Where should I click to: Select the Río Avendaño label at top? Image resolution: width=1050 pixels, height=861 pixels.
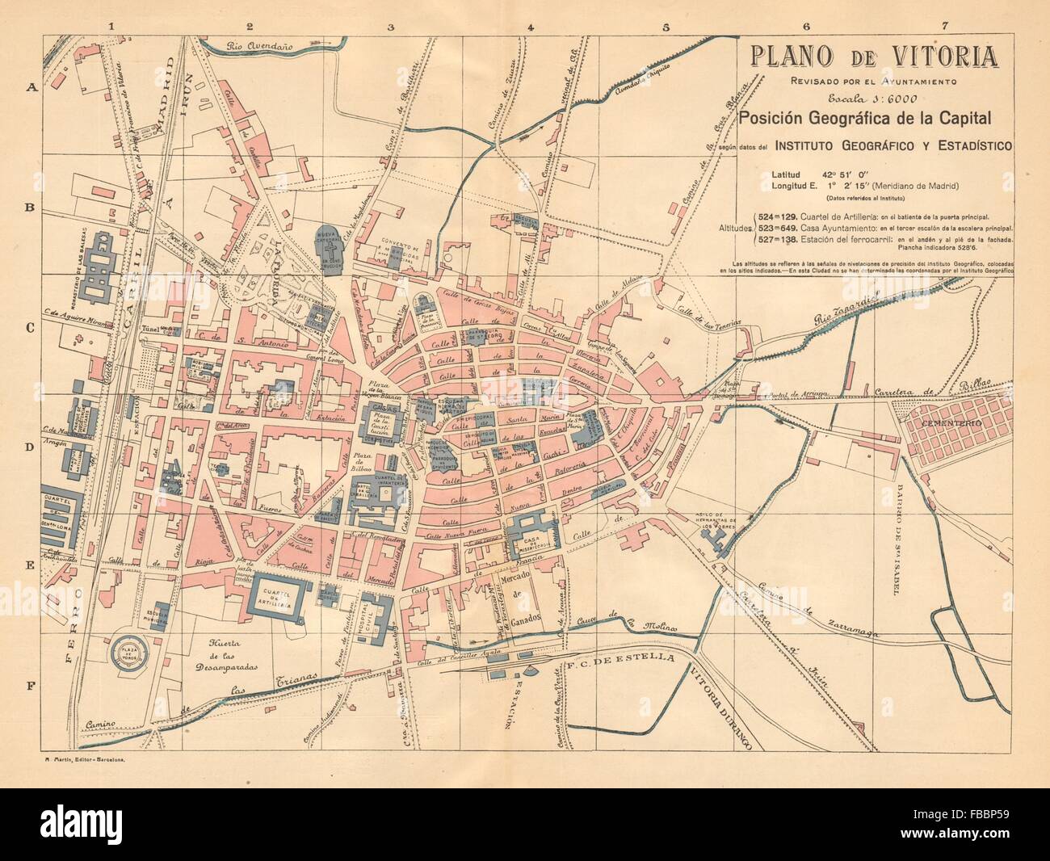click(259, 46)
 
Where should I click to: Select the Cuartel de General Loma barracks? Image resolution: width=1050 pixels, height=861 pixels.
click(63, 517)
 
